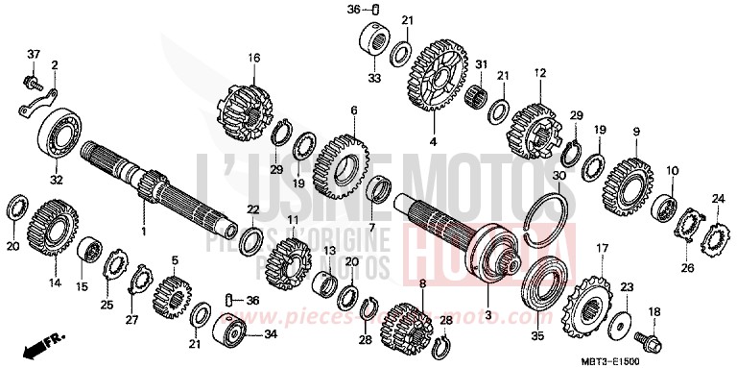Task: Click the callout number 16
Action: click(254, 58)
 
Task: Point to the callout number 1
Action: click(145, 233)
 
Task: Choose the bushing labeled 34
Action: click(232, 334)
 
